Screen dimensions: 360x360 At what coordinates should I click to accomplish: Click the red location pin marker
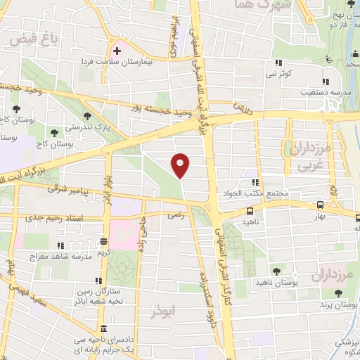181,165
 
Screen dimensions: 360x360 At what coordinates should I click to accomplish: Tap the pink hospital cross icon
117,51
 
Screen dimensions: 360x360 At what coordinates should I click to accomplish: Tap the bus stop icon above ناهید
250,210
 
